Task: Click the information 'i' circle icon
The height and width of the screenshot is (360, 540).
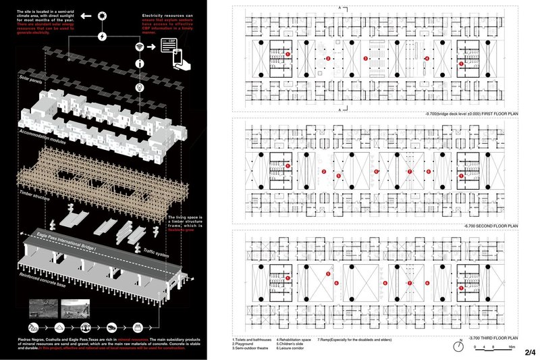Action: (x=140, y=66)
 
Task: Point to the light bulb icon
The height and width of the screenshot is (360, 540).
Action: (x=140, y=87)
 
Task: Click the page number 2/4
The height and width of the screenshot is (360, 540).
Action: (x=530, y=352)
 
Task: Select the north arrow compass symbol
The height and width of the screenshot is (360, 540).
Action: (x=458, y=347)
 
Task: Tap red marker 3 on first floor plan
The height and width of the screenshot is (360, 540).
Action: (x=366, y=59)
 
